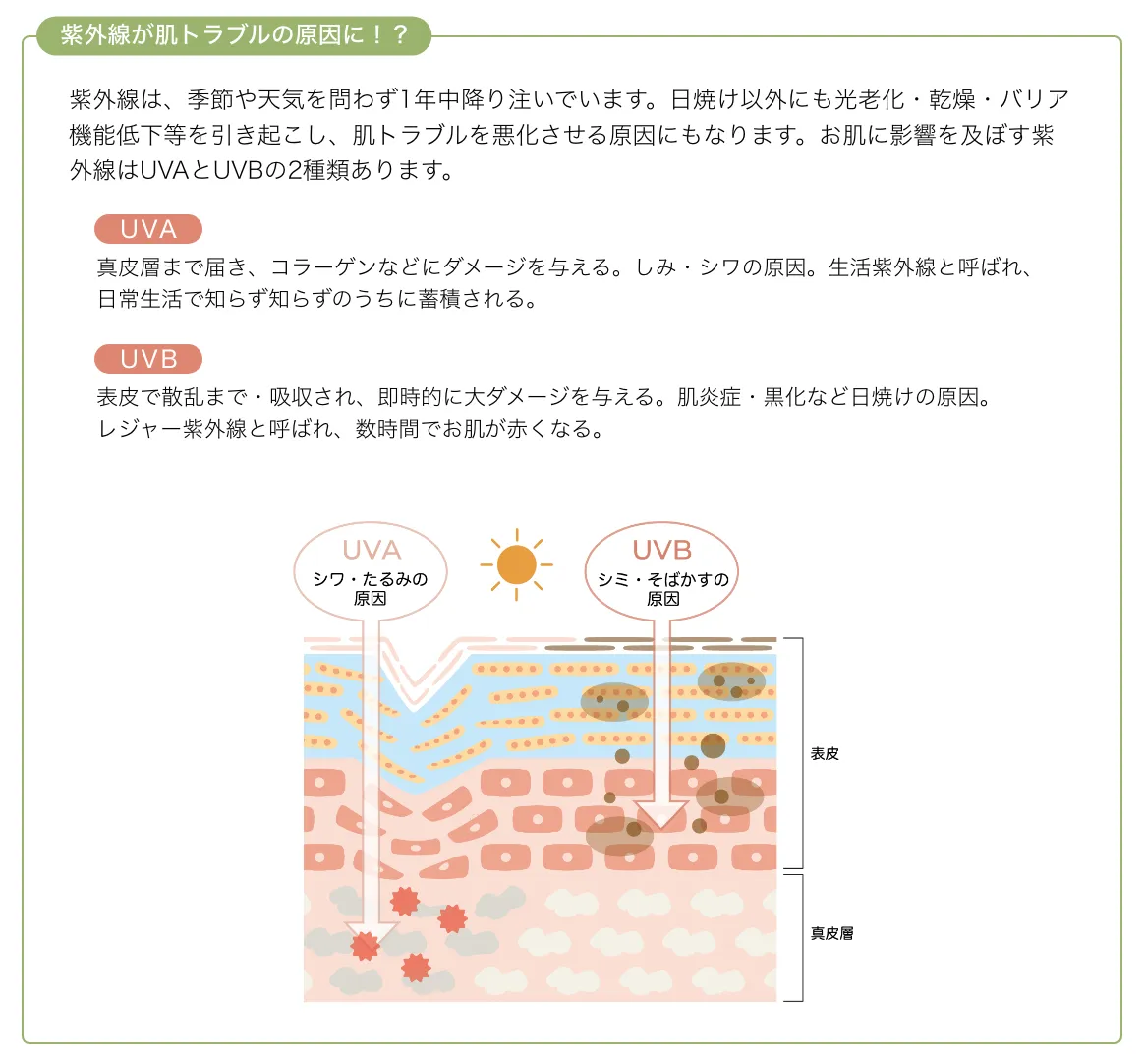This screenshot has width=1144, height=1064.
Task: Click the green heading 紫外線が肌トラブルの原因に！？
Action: click(234, 35)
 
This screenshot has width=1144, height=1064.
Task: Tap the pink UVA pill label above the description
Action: click(148, 229)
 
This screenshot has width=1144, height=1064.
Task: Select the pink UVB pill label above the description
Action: click(148, 359)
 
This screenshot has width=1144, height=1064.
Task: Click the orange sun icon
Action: click(517, 565)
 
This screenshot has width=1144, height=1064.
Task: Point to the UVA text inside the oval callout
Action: click(372, 550)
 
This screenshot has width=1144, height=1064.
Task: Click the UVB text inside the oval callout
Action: click(662, 550)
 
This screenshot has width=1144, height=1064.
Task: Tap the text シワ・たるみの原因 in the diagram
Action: click(371, 588)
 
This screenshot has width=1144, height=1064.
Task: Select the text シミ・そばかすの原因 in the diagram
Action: click(663, 588)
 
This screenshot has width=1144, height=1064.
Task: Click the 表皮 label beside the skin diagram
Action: click(825, 753)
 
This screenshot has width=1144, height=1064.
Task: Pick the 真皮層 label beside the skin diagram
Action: click(831, 933)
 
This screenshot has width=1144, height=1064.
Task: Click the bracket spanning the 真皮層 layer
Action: click(801, 937)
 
